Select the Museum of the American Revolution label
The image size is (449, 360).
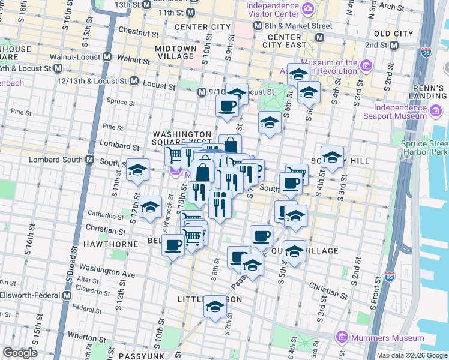pos(329,67)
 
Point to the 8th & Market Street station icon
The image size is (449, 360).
pos(258,26)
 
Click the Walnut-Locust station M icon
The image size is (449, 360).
pos(107,57)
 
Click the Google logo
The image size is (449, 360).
pos(20,353)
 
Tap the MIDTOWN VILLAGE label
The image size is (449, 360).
pos(176,52)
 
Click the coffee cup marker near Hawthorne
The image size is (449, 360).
pos(173,244)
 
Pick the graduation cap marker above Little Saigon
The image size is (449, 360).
pos(215,307)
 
